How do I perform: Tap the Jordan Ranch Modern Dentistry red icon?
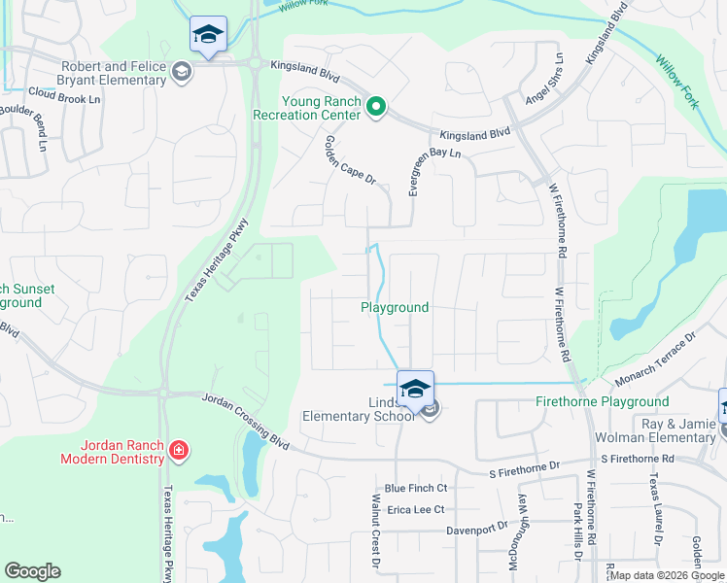pos(178,450)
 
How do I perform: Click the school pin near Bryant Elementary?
pos(208,35)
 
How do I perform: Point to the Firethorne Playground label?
pos(603,401)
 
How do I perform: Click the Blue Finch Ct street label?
pos(415,488)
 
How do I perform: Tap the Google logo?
pos(32,571)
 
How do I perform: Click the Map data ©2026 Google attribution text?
pos(667,575)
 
